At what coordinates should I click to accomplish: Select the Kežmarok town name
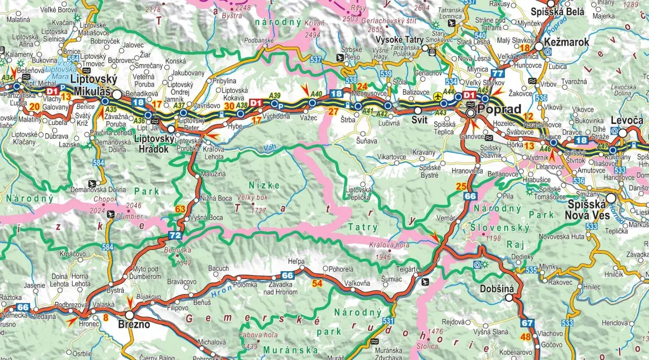click(x=566, y=42)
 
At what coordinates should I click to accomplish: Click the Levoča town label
click(x=627, y=121)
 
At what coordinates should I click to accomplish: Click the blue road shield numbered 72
click(x=175, y=235)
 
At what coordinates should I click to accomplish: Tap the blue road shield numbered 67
click(x=527, y=323)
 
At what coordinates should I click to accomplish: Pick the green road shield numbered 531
click(x=388, y=320)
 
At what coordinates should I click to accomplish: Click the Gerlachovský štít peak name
click(x=392, y=20)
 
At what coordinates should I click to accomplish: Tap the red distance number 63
click(x=180, y=208)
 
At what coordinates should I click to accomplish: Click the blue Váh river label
click(x=271, y=148)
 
